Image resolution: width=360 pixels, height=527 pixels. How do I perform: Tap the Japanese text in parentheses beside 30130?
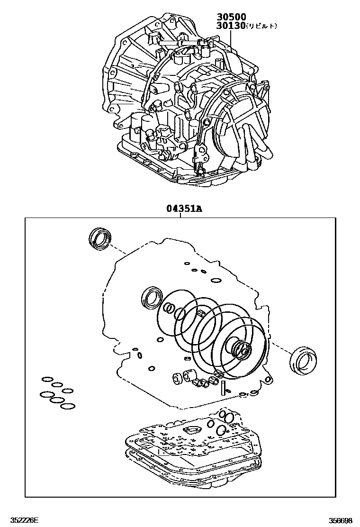pyautogui.click(x=261, y=27)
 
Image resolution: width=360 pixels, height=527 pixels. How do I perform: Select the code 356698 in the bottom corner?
pyautogui.click(x=341, y=520)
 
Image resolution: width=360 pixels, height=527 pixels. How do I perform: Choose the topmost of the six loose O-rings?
pyautogui.click(x=48, y=379)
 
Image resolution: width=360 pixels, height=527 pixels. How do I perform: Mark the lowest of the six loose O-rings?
pyautogui.click(x=68, y=406)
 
